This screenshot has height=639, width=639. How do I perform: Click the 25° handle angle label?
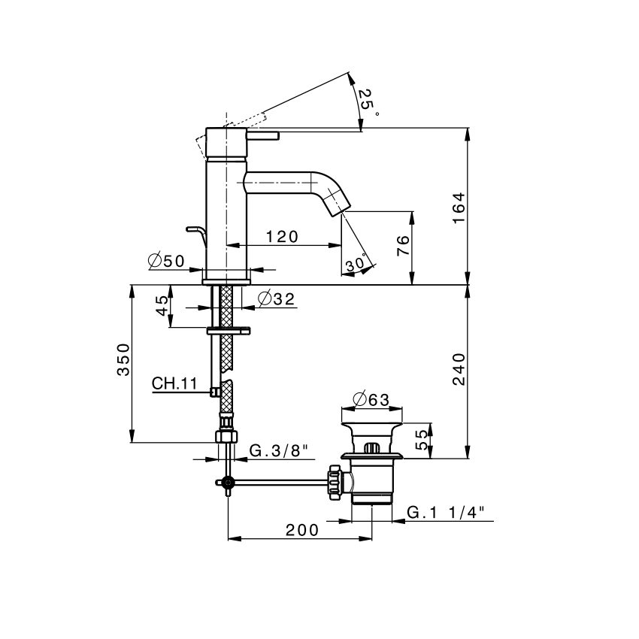coord(368,102)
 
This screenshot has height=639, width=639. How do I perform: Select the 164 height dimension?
coord(459,207)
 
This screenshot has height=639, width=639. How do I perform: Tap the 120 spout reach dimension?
coord(282,236)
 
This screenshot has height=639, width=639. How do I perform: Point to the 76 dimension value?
coord(403,246)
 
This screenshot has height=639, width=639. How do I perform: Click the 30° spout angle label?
coord(357,263)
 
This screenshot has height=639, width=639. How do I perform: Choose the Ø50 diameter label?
coord(166,260)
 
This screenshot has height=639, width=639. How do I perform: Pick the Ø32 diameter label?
coord(276,298)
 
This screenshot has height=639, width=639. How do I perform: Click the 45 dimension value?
coord(162,306)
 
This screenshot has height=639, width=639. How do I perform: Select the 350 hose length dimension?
coord(123,359)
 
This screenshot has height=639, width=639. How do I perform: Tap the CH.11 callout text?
coord(174,383)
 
